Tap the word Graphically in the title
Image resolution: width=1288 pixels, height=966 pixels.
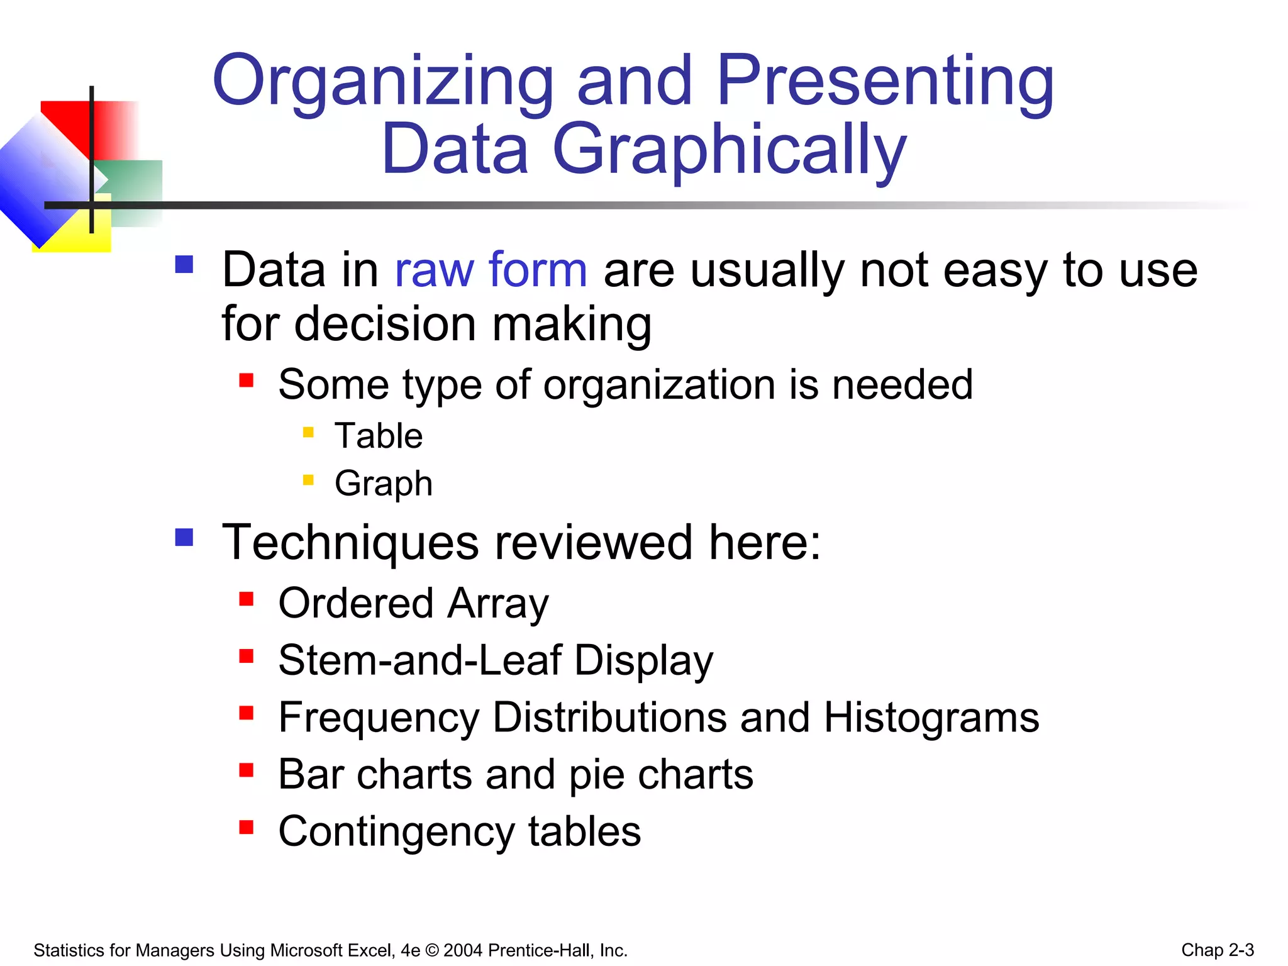729,151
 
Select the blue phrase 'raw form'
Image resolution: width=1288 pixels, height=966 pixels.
491,270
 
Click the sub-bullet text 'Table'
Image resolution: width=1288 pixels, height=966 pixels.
379,436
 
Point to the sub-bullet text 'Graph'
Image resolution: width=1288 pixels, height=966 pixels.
384,484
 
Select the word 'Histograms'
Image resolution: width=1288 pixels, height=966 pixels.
931,718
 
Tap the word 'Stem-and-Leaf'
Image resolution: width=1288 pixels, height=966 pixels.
419,660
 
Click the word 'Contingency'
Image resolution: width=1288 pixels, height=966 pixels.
396,831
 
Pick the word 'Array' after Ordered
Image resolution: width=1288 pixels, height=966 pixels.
498,604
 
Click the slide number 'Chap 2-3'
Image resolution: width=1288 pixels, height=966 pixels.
1218,950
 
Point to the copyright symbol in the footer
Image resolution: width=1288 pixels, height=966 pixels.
432,950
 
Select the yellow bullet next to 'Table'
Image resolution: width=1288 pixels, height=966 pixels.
308,432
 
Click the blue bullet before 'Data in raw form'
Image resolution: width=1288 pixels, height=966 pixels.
184,264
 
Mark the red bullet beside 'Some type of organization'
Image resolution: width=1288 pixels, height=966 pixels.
246,380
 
